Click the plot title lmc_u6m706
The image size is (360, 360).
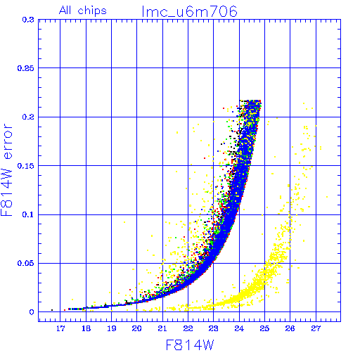[x=190, y=11]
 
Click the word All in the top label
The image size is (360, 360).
[x=65, y=11]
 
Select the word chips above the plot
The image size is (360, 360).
[x=92, y=11]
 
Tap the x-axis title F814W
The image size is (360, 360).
[x=190, y=345]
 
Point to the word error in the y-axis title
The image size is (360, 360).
[x=7, y=141]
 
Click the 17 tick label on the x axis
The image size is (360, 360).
[x=60, y=328]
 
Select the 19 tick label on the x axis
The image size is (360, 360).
[x=112, y=328]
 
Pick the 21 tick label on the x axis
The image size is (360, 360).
[x=162, y=328]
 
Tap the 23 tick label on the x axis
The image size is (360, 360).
[x=214, y=328]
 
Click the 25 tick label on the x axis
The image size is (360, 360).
[x=264, y=328]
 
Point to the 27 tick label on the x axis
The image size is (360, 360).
[x=316, y=328]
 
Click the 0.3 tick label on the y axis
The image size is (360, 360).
[x=28, y=20]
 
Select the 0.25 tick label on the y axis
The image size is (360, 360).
[x=26, y=68]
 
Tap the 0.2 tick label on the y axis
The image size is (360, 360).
[x=28, y=117]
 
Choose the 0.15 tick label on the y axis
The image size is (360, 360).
[x=26, y=166]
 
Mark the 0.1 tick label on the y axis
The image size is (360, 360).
[x=28, y=214]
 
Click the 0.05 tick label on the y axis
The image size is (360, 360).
[x=26, y=263]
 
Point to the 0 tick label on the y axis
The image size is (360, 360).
[x=32, y=312]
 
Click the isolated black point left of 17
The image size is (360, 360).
[x=52, y=310]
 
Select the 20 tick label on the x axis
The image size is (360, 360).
[x=137, y=328]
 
